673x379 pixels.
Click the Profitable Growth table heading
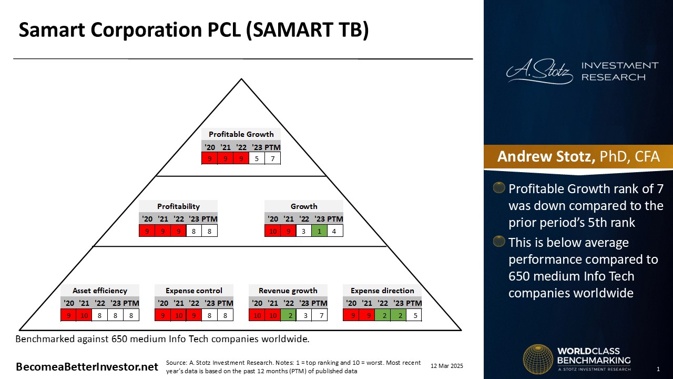click(241, 134)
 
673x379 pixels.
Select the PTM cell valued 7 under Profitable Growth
click(272, 158)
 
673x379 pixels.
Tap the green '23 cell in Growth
click(319, 231)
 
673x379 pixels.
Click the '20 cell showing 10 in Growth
click(272, 231)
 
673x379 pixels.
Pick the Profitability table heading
click(178, 206)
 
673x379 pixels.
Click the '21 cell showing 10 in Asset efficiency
click(84, 315)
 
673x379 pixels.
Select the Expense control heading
click(194, 291)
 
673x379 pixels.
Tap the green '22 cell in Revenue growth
click(289, 315)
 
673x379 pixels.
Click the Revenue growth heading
click(288, 291)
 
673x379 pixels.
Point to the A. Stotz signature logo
click(539, 71)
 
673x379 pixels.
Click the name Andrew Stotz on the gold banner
click(546, 156)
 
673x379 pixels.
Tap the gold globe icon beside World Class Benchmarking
click(538, 359)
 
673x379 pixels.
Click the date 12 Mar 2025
click(447, 366)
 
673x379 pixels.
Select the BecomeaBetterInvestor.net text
click(87, 367)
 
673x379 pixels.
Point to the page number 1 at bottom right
click(658, 369)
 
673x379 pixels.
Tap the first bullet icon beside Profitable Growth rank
click(499, 187)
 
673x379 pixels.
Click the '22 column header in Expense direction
click(382, 303)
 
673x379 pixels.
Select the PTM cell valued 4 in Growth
click(334, 231)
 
